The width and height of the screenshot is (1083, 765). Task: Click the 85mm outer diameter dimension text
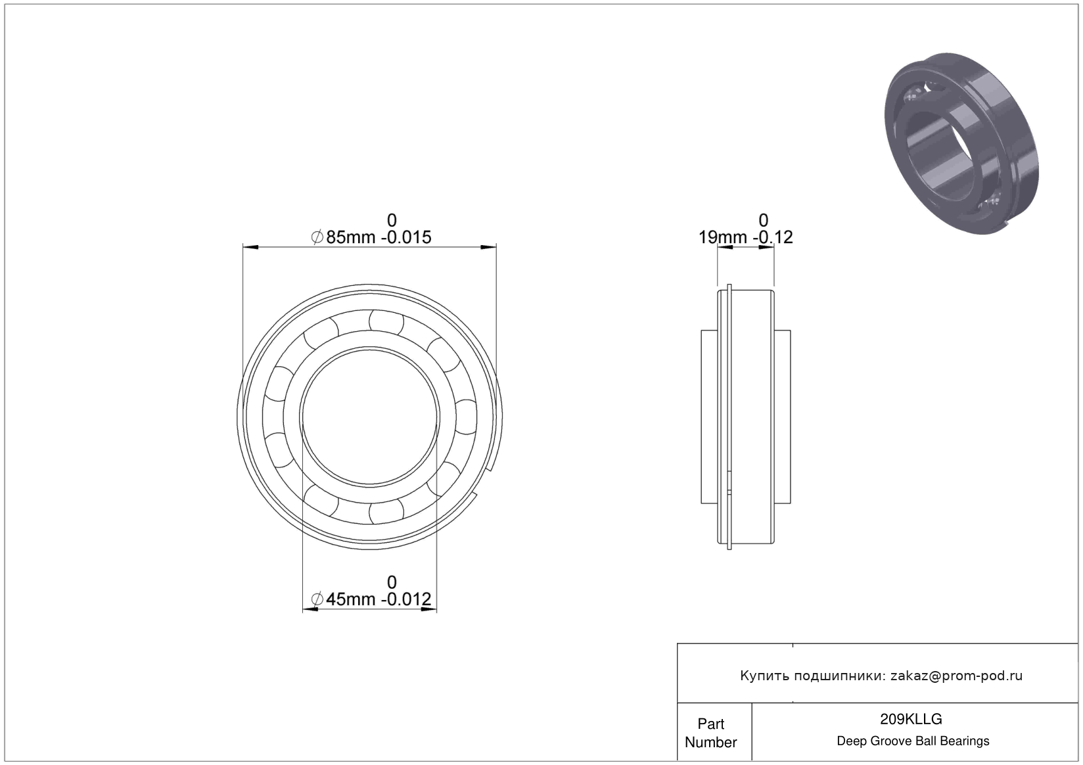click(x=350, y=237)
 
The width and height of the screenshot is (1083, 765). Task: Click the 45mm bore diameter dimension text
click(x=350, y=599)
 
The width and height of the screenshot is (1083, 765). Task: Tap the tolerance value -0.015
click(x=406, y=237)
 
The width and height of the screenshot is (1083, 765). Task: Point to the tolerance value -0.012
click(x=406, y=599)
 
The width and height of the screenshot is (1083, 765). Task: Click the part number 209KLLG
click(x=911, y=719)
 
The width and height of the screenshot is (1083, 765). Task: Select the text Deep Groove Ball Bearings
click(x=913, y=741)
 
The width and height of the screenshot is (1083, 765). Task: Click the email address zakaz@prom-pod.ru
click(x=956, y=676)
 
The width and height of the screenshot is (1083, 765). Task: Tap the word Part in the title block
click(x=711, y=724)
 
